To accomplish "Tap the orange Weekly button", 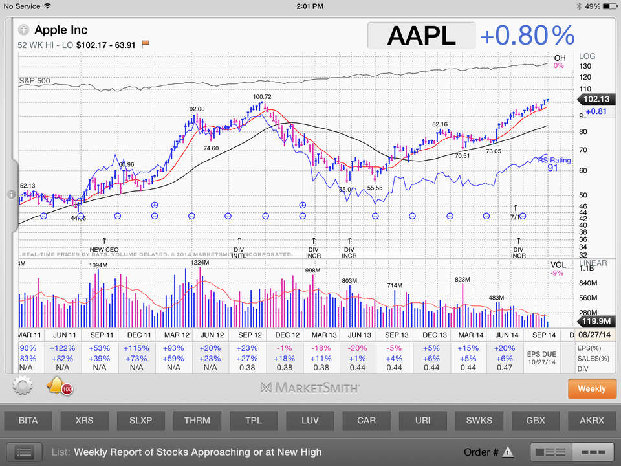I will [x=592, y=388].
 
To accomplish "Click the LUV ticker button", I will [x=310, y=420].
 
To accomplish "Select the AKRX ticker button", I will [x=592, y=420].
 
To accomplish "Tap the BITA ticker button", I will [x=28, y=420].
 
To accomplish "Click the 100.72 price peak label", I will [x=262, y=97].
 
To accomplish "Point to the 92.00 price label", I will [x=197, y=109].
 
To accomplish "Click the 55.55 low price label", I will [x=375, y=188].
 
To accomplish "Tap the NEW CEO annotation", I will [x=104, y=249].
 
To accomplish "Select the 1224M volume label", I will [x=200, y=263].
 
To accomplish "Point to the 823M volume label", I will [x=463, y=280].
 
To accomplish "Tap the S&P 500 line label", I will [x=34, y=82].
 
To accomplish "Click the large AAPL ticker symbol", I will [x=421, y=35].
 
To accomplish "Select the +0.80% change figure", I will [x=527, y=35].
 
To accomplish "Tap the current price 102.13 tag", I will [x=593, y=100].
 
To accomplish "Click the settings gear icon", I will [x=22, y=387].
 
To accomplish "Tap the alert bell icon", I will [x=56, y=386].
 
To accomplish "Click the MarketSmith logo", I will [x=310, y=388].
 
